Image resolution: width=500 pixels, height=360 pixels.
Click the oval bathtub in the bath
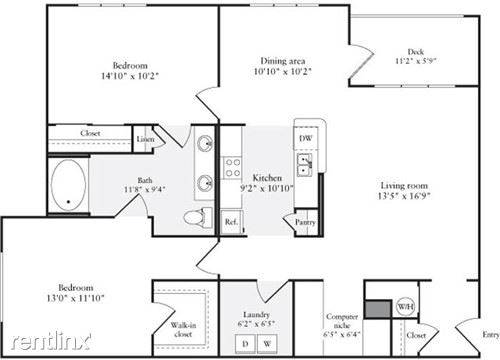pos(68,185)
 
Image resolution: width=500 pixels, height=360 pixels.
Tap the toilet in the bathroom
pos(198,218)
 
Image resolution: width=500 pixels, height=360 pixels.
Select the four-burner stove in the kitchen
pos(232,168)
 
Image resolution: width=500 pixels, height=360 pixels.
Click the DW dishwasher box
pos(305,138)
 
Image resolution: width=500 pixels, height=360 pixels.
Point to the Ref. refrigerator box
pos(231,222)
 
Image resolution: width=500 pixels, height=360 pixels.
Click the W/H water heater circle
pos(405,306)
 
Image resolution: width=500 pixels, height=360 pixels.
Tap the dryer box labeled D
pos(245,344)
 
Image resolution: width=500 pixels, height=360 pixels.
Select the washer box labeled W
pos(267,344)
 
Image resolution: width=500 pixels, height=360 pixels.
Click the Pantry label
pos(305,222)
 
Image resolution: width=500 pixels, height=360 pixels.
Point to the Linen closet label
pos(145,139)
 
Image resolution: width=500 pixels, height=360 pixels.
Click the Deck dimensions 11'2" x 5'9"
pos(416,61)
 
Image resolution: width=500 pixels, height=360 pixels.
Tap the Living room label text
pos(404,186)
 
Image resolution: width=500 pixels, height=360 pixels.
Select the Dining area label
pos(283,61)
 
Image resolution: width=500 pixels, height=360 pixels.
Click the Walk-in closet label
pos(183,329)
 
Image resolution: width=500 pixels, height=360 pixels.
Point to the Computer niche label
pos(342,321)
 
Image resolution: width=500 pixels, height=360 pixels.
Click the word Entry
pos(491,335)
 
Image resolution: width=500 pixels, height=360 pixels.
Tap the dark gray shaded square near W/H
pos(378,309)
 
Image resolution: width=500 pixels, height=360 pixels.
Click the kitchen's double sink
pos(304,165)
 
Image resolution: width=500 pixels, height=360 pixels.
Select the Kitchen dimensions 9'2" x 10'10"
pos(267,189)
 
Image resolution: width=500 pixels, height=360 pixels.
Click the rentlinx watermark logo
pos(51,341)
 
